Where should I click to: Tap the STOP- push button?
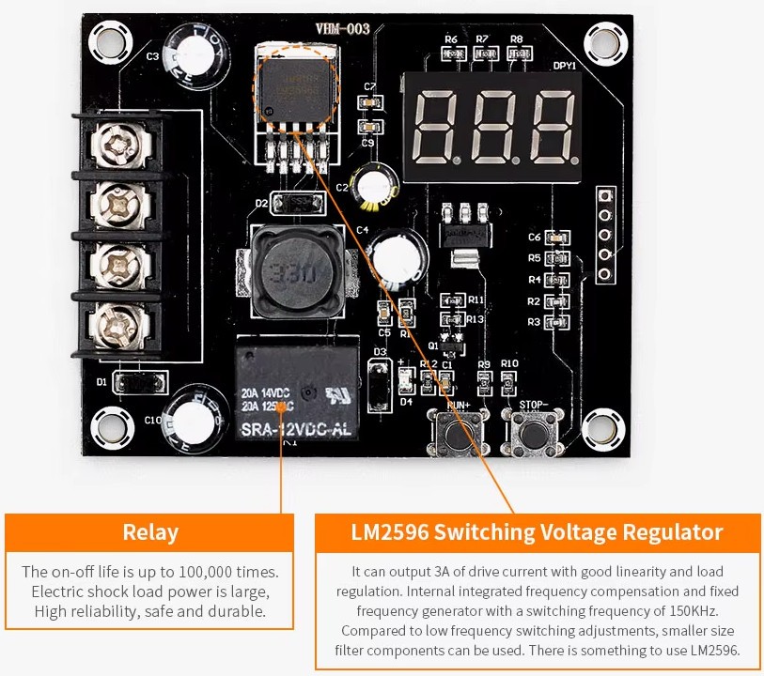tap(533, 435)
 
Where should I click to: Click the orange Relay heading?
tap(150, 532)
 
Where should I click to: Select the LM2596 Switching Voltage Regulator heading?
tap(538, 532)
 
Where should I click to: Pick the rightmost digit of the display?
tap(551, 127)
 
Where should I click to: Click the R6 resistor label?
tap(452, 38)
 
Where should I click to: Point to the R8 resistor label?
tap(516, 38)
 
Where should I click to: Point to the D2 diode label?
tap(262, 202)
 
